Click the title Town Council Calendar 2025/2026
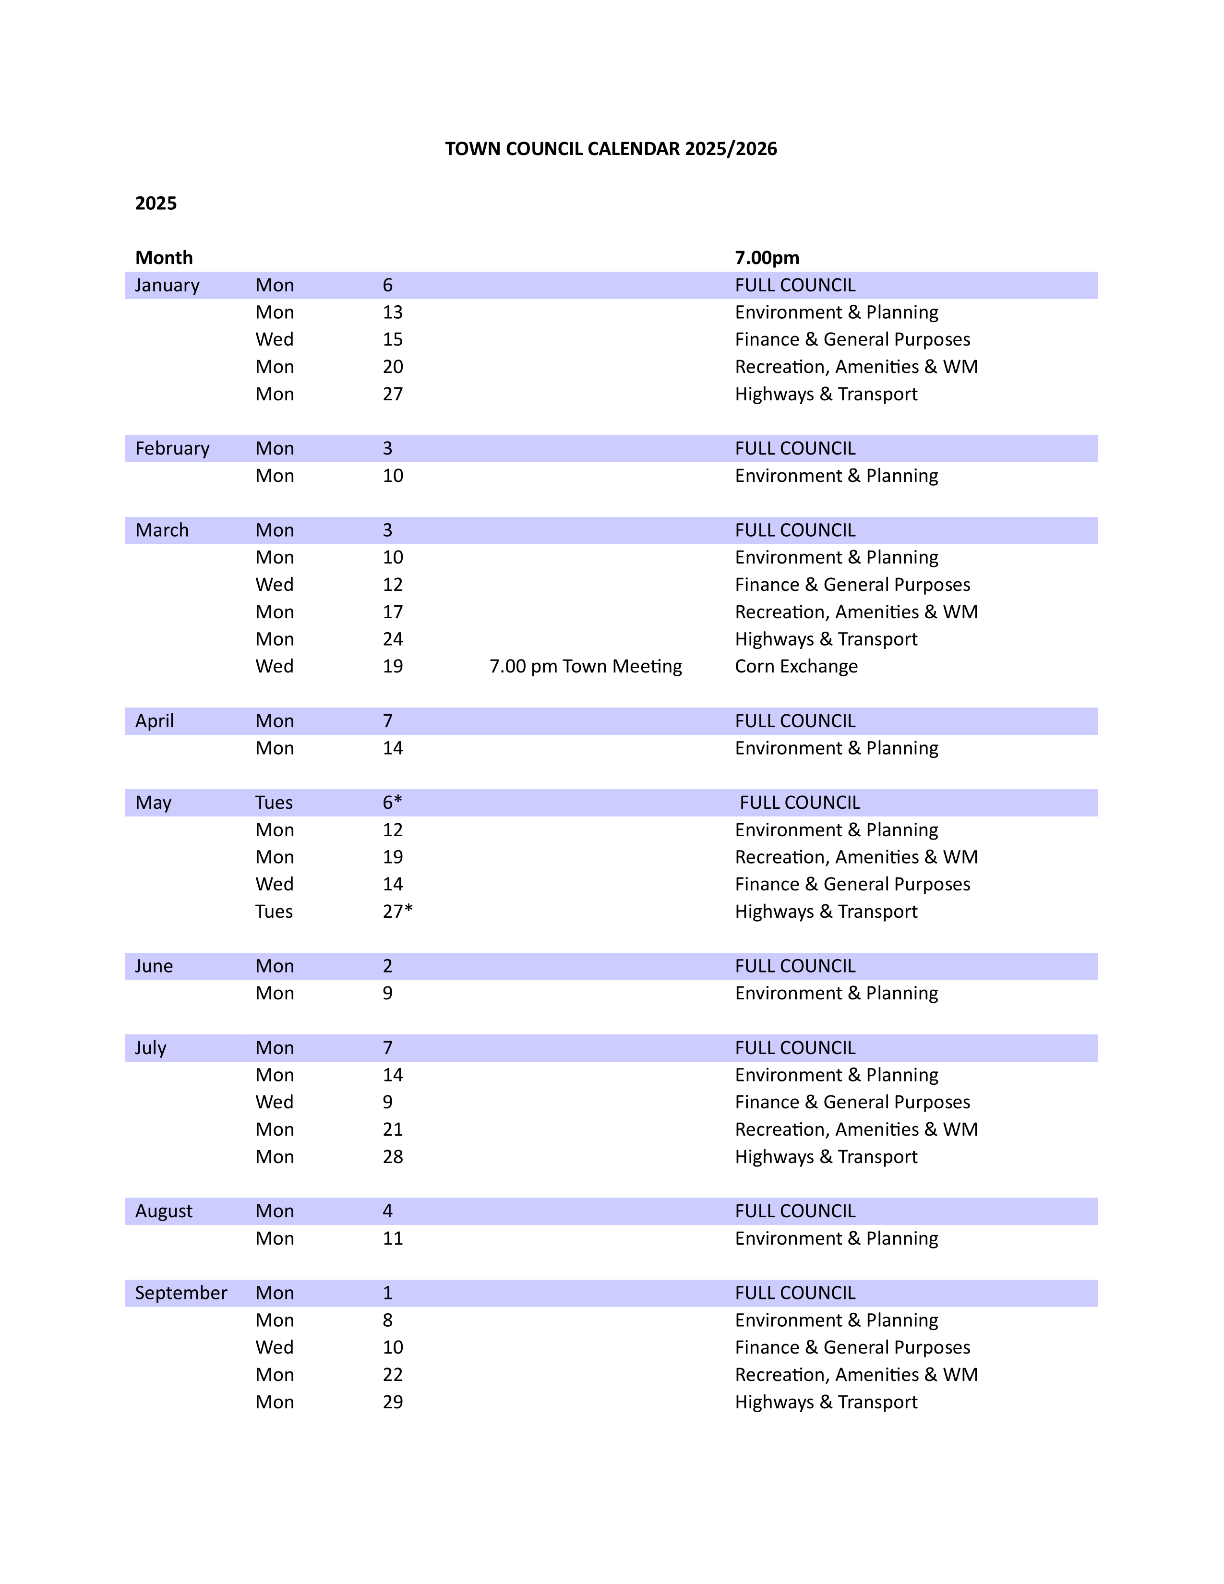point(611,149)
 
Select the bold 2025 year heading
point(156,203)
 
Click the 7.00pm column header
point(767,257)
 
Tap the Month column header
point(164,257)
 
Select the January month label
point(167,285)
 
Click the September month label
point(180,1293)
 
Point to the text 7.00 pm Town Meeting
point(585,666)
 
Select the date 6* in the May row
point(392,802)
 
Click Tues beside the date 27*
point(274,911)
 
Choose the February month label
point(172,448)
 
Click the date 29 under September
point(392,1402)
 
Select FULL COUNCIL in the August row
point(795,1211)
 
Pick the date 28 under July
point(392,1156)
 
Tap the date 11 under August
point(392,1238)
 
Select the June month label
point(154,966)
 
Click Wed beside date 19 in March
point(274,666)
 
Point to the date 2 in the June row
point(387,966)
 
